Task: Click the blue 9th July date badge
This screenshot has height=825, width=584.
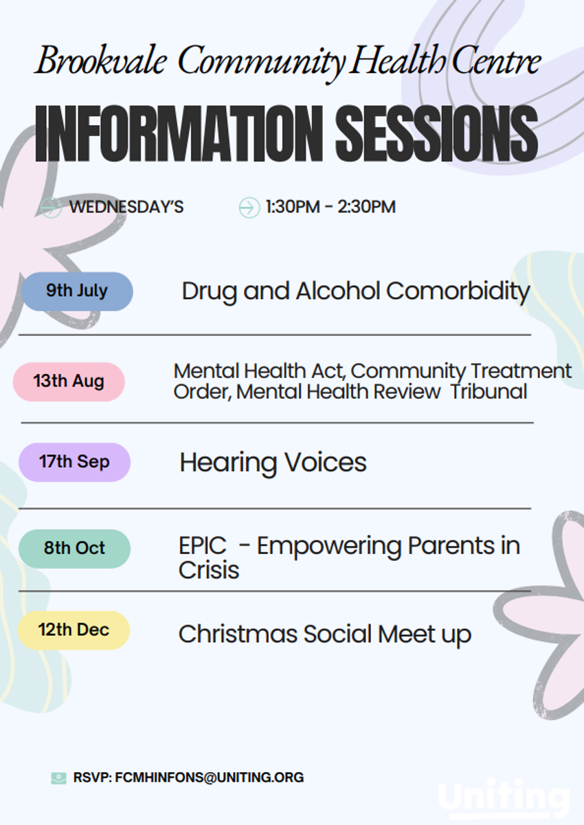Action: click(77, 291)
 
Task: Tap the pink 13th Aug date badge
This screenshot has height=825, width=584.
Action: click(69, 382)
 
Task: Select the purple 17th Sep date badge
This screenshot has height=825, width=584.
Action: click(74, 462)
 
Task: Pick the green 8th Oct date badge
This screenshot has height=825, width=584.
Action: click(74, 549)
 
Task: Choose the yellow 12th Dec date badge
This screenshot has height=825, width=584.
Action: click(74, 630)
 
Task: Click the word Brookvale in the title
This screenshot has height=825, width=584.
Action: click(101, 60)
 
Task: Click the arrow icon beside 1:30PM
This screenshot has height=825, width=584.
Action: click(249, 208)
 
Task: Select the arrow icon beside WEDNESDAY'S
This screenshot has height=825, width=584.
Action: click(51, 208)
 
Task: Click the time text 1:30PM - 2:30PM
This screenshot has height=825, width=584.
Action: click(331, 207)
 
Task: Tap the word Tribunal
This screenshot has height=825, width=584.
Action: click(489, 391)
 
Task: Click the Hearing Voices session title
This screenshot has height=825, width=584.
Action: click(273, 463)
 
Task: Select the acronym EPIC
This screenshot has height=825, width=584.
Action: click(203, 545)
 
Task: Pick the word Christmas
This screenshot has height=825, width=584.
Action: click(238, 634)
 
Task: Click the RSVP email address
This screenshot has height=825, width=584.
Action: click(210, 777)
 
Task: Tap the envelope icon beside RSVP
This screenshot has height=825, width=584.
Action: click(59, 778)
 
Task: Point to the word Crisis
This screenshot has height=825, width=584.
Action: click(209, 570)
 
